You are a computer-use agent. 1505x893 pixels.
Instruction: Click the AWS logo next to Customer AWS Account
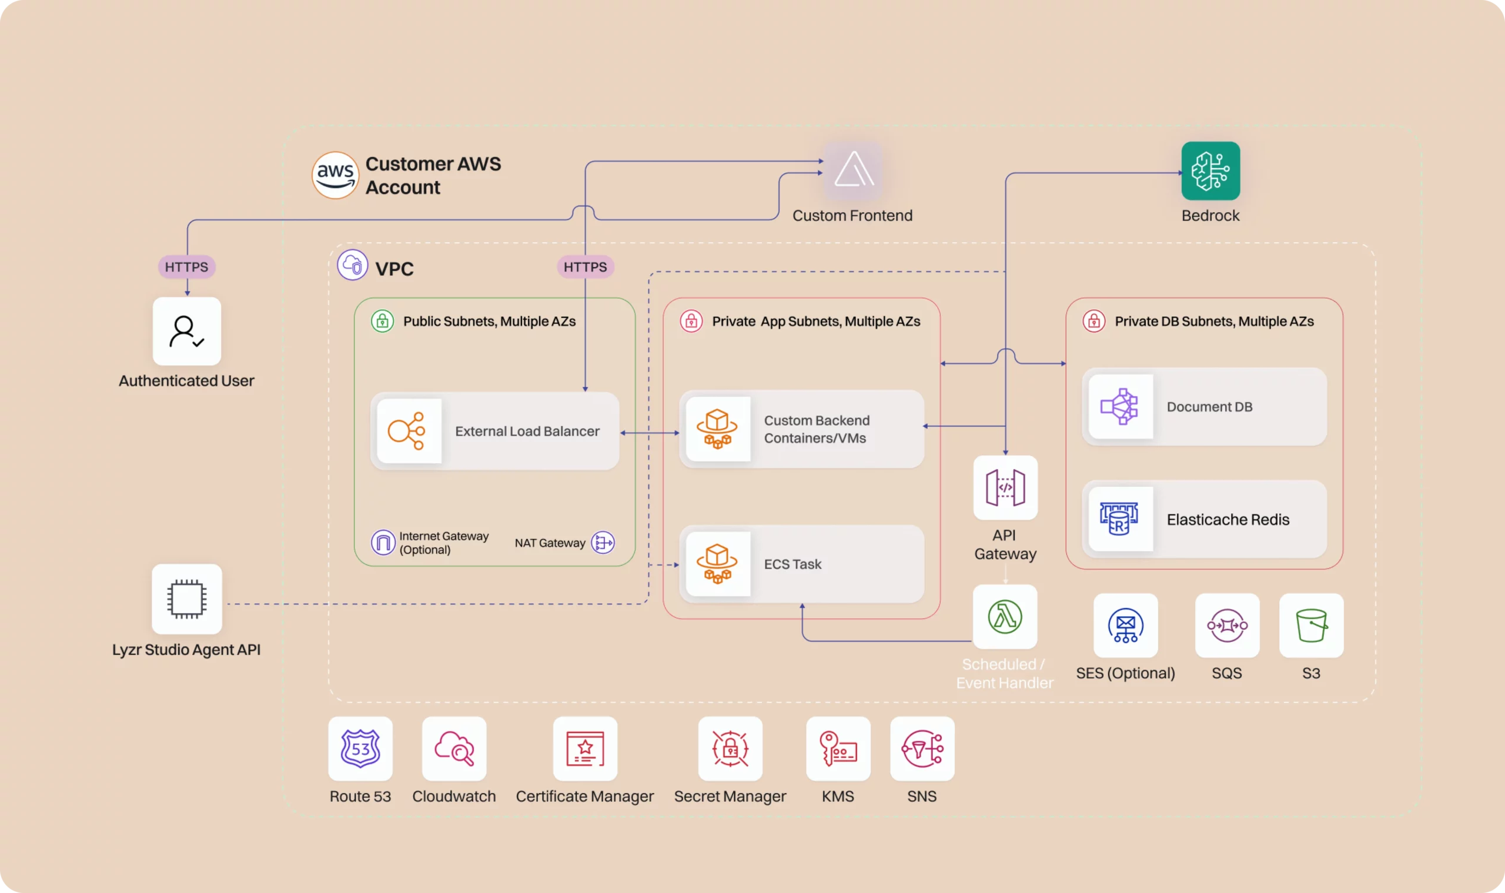point(335,175)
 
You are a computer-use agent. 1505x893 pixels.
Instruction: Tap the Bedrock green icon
point(1210,171)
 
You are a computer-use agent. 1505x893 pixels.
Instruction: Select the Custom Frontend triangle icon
point(852,171)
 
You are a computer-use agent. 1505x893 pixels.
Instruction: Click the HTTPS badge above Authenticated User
point(186,266)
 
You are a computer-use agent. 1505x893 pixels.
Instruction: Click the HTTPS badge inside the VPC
point(585,266)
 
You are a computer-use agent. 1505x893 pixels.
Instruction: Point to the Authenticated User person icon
point(186,331)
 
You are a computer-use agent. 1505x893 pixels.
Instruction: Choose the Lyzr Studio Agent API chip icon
point(186,598)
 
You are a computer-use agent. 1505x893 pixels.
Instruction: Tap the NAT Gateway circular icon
point(603,542)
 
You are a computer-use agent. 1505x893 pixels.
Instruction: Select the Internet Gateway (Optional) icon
point(383,542)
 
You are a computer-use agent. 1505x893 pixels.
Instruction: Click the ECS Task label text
point(792,564)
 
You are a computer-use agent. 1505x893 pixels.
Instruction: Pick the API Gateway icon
point(1005,487)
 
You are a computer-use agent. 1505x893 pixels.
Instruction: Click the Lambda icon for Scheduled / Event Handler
point(1004,616)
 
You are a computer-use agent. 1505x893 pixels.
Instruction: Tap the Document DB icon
point(1119,406)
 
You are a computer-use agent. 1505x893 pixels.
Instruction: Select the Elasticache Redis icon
point(1119,519)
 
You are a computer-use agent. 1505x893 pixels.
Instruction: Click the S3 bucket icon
point(1310,626)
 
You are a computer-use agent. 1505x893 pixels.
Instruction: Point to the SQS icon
point(1226,626)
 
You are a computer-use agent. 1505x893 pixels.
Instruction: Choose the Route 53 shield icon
point(360,748)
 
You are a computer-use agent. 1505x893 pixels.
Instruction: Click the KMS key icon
point(838,748)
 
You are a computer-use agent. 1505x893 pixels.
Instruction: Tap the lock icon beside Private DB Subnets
point(1093,321)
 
